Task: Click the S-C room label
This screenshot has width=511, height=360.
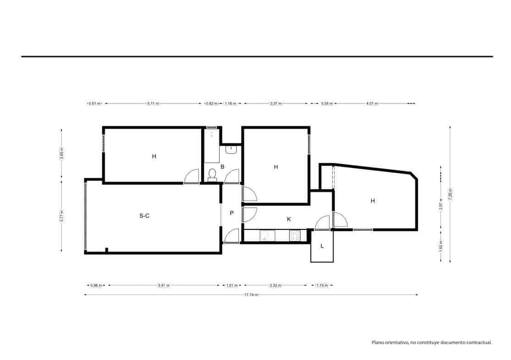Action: (x=144, y=216)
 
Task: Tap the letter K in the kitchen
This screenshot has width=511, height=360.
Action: (x=289, y=219)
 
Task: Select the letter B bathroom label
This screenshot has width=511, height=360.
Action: (x=222, y=167)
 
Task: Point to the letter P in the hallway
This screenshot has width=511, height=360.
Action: (x=232, y=213)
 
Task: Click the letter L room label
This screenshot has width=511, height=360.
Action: (x=322, y=246)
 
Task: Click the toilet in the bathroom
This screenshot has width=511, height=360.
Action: (x=212, y=174)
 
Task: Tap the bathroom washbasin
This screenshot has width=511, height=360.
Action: (x=231, y=149)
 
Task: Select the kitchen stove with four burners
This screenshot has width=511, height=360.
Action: (x=295, y=235)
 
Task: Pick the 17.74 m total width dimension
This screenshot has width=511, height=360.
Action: (x=251, y=295)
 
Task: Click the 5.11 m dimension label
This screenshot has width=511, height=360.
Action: (x=153, y=104)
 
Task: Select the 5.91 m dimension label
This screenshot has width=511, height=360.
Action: (x=164, y=285)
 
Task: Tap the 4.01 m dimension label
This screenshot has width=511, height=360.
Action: (x=372, y=104)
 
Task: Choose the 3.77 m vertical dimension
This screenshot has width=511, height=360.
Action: (x=61, y=215)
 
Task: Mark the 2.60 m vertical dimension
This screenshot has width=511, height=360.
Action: (x=61, y=153)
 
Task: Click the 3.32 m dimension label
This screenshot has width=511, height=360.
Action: (x=275, y=285)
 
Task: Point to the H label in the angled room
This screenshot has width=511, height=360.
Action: (x=373, y=201)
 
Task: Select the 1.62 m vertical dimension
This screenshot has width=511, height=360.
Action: (x=441, y=246)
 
